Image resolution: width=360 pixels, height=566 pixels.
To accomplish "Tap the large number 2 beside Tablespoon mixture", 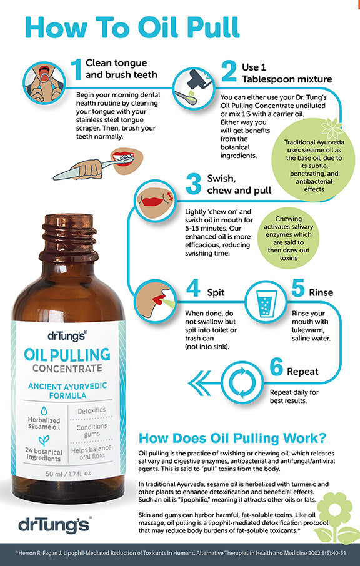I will (x=229, y=72).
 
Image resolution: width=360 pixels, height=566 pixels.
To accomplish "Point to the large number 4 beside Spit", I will (x=193, y=289).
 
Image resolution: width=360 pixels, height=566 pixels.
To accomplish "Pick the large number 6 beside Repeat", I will (x=276, y=369).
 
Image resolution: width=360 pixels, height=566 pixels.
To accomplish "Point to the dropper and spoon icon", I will (x=191, y=87).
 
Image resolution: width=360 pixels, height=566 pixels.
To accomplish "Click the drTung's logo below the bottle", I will (x=47, y=521).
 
